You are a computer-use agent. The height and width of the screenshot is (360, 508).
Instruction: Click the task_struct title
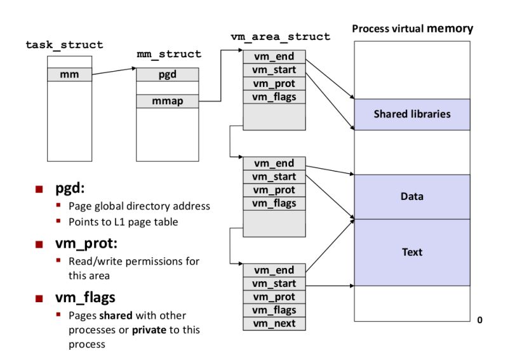(x=64, y=45)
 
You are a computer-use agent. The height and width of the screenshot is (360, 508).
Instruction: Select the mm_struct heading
(x=169, y=54)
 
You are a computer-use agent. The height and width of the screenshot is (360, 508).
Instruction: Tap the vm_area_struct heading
(x=280, y=37)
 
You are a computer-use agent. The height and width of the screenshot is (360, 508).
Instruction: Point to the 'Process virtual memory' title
(x=412, y=29)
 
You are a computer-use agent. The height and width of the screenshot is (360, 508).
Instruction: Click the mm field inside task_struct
(x=69, y=75)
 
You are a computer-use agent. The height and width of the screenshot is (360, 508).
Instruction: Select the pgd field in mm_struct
(x=168, y=75)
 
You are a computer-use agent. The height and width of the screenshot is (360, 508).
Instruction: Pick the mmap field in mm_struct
(x=168, y=101)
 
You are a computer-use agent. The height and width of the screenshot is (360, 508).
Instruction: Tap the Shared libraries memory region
(x=411, y=114)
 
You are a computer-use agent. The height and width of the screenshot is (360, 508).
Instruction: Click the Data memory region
(x=411, y=197)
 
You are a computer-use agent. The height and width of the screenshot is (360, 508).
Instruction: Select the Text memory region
(x=411, y=252)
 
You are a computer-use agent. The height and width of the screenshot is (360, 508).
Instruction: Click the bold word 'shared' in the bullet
(x=112, y=316)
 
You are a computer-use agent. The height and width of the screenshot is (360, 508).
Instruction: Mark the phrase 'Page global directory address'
(x=139, y=206)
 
